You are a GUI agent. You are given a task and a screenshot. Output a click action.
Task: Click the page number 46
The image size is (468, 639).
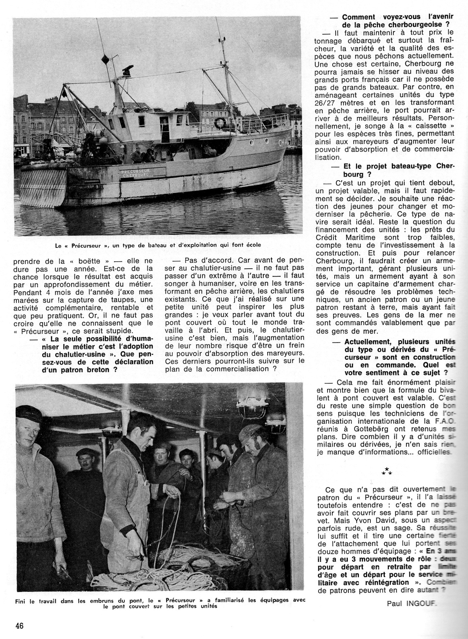19,626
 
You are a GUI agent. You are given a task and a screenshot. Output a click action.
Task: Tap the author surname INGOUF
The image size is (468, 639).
421,603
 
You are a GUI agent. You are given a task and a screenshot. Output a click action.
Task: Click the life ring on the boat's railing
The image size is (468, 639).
220,123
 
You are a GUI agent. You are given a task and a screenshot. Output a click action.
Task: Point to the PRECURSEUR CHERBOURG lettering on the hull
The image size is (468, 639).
135,173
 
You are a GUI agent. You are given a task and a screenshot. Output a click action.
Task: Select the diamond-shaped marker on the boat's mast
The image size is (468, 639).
105,60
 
